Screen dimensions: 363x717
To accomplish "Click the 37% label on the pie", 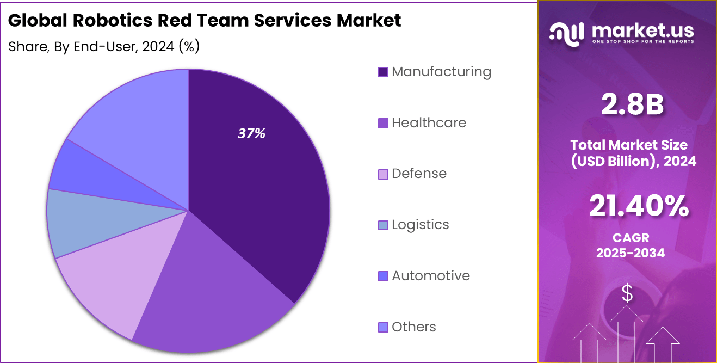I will point(251,133).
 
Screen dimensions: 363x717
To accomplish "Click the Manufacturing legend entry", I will point(435,72).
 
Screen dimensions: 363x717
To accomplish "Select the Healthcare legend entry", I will point(422,123).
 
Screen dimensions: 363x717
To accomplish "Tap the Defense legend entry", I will point(412,174).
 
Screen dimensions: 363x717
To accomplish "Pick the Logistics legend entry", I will point(413,225).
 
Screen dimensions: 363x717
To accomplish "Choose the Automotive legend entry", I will point(424,276).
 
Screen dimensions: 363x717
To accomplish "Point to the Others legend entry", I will point(407,327).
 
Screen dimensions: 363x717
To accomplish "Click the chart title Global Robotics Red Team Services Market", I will point(205,21).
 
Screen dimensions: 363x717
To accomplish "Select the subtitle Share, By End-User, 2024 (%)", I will point(104,47).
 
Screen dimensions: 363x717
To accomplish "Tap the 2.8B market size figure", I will point(632,105).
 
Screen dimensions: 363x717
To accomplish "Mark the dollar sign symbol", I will point(627,294).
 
